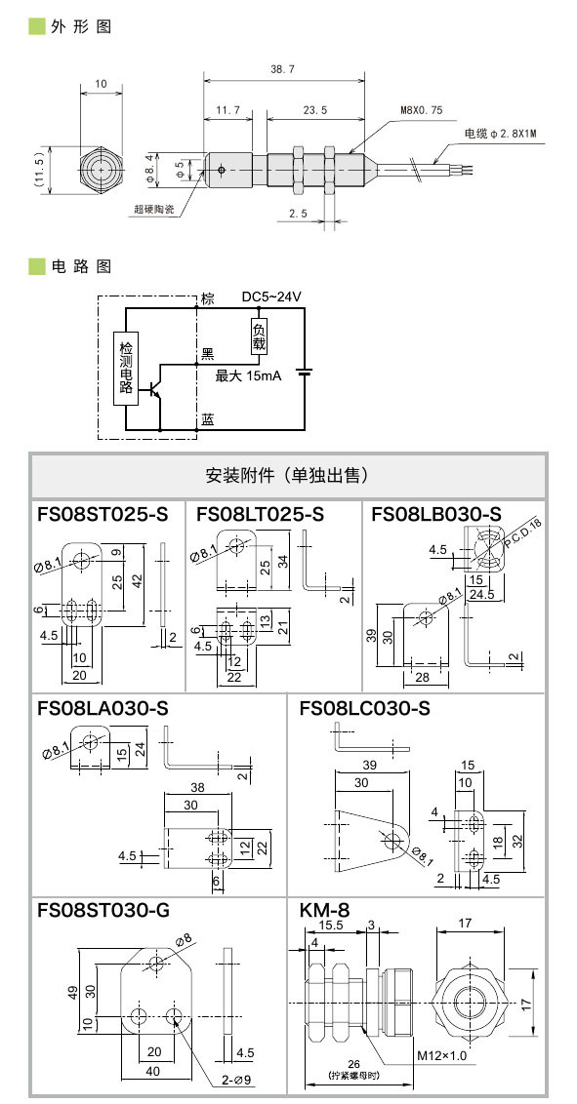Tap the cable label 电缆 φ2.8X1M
[502, 133]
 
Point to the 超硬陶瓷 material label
[156, 209]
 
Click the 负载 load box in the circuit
[259, 336]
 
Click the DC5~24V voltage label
[271, 296]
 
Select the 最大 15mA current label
[248, 375]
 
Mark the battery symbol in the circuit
[304, 372]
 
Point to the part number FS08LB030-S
[435, 514]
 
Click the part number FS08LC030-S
[364, 708]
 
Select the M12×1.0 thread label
[442, 1055]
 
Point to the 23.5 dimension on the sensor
[314, 111]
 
